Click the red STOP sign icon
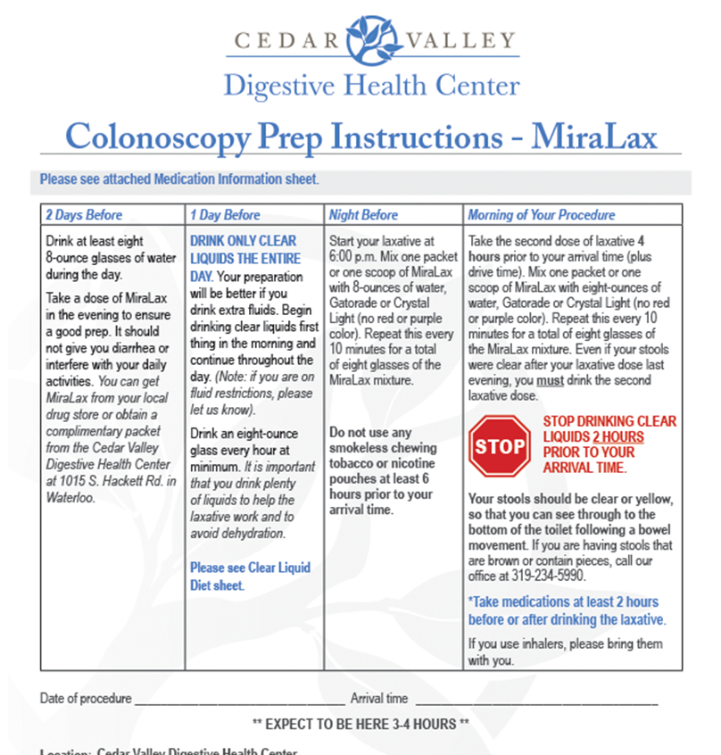pos(500,444)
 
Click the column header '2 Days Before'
pos(84,215)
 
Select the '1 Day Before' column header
pos(224,215)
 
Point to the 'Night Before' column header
pos(363,215)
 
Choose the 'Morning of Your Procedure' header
pos(542,215)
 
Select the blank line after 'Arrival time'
pos(535,699)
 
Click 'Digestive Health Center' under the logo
pos(370,86)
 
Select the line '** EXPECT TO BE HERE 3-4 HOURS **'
pos(360,723)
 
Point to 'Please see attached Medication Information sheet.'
pos(178,179)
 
